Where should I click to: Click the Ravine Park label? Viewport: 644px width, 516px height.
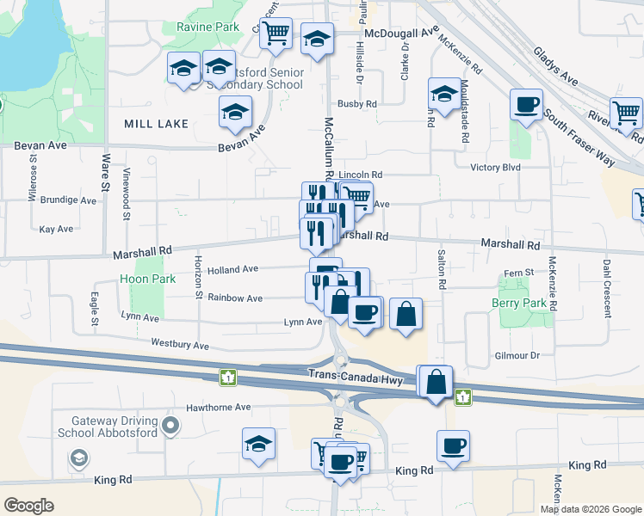(207, 28)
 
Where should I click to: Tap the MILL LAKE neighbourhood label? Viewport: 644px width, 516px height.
(156, 125)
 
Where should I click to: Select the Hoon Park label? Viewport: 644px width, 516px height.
(148, 279)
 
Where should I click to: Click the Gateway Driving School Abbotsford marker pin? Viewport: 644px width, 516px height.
(171, 425)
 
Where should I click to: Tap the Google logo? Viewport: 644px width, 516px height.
(29, 505)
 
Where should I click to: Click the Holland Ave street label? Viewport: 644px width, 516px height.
(232, 269)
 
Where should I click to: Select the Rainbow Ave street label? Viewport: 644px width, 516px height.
(234, 298)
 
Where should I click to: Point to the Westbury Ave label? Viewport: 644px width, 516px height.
(180, 344)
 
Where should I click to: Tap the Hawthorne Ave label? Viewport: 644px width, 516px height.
(219, 407)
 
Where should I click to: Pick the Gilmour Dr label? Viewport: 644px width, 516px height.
(517, 355)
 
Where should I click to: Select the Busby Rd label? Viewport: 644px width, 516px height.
(357, 104)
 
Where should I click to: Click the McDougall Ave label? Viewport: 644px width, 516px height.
(401, 32)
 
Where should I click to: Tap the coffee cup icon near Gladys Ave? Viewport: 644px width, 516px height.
(526, 106)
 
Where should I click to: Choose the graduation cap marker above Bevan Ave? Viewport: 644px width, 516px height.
(235, 114)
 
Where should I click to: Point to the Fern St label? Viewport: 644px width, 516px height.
(518, 273)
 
